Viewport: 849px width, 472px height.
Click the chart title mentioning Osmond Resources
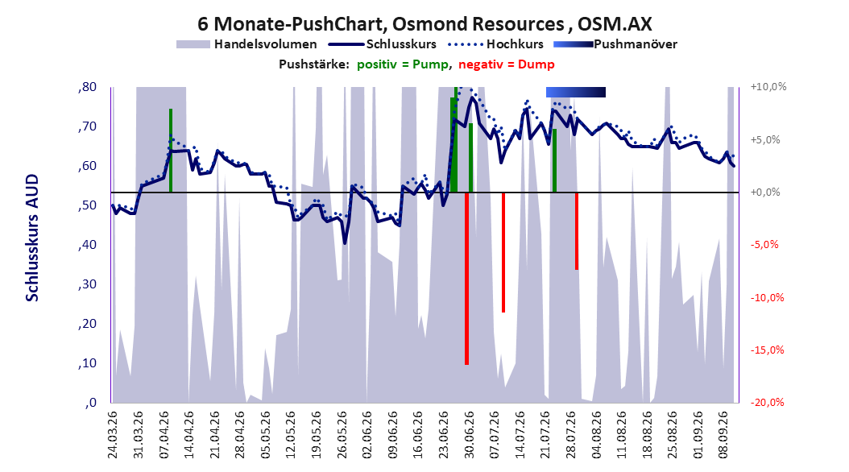click(x=424, y=24)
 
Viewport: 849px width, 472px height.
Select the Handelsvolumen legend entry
click(x=246, y=44)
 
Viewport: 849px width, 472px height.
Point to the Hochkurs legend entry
click(x=495, y=44)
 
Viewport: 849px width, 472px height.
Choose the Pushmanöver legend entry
click(x=615, y=44)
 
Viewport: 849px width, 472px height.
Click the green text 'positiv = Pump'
click(x=403, y=64)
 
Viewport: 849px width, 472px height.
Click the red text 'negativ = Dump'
click(x=507, y=64)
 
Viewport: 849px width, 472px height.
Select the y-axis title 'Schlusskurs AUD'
click(x=32, y=238)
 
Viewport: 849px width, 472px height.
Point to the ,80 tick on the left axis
click(x=87, y=87)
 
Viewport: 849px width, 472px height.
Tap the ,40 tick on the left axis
click(x=87, y=245)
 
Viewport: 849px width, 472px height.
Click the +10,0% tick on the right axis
click(x=768, y=87)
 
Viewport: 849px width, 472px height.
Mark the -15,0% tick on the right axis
click(x=767, y=350)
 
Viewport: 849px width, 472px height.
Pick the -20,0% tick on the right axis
click(x=767, y=403)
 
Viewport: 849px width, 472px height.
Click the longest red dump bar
click(x=466, y=278)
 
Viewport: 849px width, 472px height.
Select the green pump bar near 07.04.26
click(x=171, y=151)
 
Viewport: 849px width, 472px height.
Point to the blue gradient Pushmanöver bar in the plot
click(x=576, y=92)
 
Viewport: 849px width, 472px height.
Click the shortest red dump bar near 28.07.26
click(x=577, y=230)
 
